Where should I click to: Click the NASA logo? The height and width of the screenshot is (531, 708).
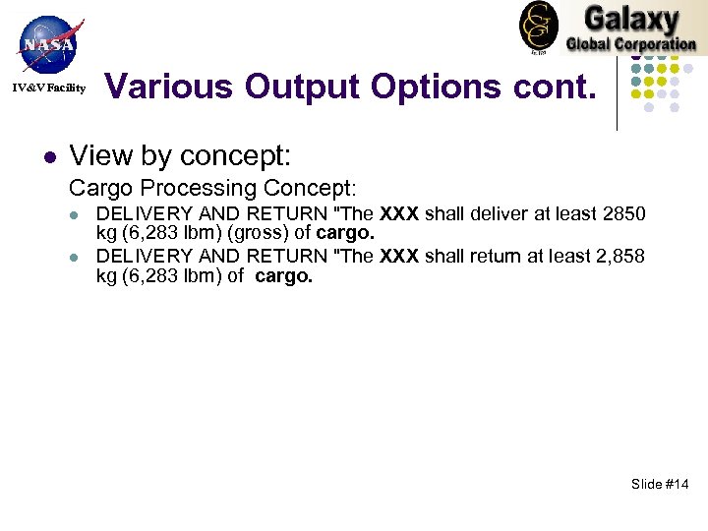[x=47, y=43]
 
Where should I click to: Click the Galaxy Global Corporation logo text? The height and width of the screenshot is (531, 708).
[x=630, y=29]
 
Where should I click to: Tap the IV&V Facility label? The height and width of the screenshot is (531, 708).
[x=49, y=88]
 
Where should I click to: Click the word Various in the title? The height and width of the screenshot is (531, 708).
[x=169, y=87]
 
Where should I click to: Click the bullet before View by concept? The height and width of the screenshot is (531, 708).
[x=47, y=156]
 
